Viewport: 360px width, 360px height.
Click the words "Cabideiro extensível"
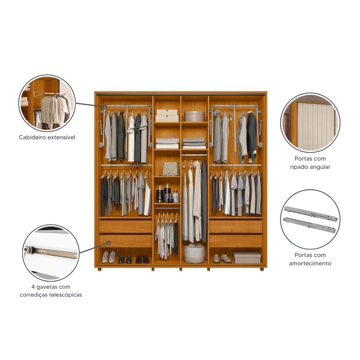47,137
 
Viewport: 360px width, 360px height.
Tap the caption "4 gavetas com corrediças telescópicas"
51,291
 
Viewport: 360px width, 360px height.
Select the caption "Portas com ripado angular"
310,163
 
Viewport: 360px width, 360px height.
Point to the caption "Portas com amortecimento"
310,259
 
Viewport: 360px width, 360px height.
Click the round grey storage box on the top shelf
194,116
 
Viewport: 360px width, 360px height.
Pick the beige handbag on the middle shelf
171,169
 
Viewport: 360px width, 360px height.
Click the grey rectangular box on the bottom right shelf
247,258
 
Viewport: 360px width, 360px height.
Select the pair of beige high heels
108,257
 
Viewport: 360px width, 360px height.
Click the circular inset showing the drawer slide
51,253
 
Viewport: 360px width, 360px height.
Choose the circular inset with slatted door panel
310,123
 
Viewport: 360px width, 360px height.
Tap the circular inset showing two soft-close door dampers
310,219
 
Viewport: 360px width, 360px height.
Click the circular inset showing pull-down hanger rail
47,103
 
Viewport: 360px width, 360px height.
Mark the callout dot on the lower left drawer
109,243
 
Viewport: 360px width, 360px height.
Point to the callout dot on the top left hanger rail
105,107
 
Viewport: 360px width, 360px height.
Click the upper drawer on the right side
235,226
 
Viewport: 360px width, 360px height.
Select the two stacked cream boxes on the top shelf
167,116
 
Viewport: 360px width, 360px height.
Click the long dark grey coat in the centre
204,200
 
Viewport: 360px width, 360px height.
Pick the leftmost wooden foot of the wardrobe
99,269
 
